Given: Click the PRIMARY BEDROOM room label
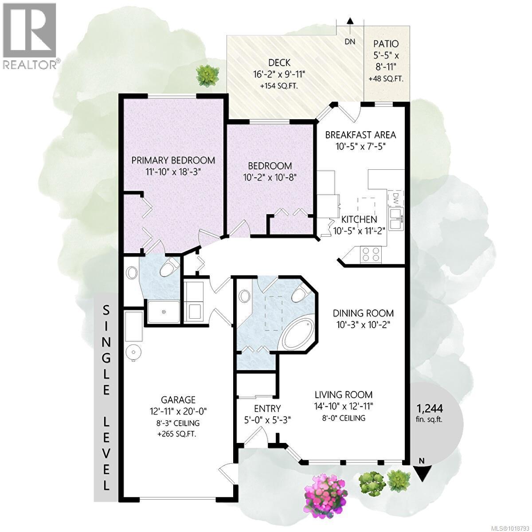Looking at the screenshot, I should [173, 160].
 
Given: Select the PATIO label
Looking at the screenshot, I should [386, 44].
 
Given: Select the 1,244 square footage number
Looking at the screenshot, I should [429, 408].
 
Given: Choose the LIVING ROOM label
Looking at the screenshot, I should [344, 395].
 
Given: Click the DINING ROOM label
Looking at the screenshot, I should [363, 313].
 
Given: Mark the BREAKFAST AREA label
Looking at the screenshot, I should [360, 135].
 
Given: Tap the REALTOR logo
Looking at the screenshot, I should [30, 35].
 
